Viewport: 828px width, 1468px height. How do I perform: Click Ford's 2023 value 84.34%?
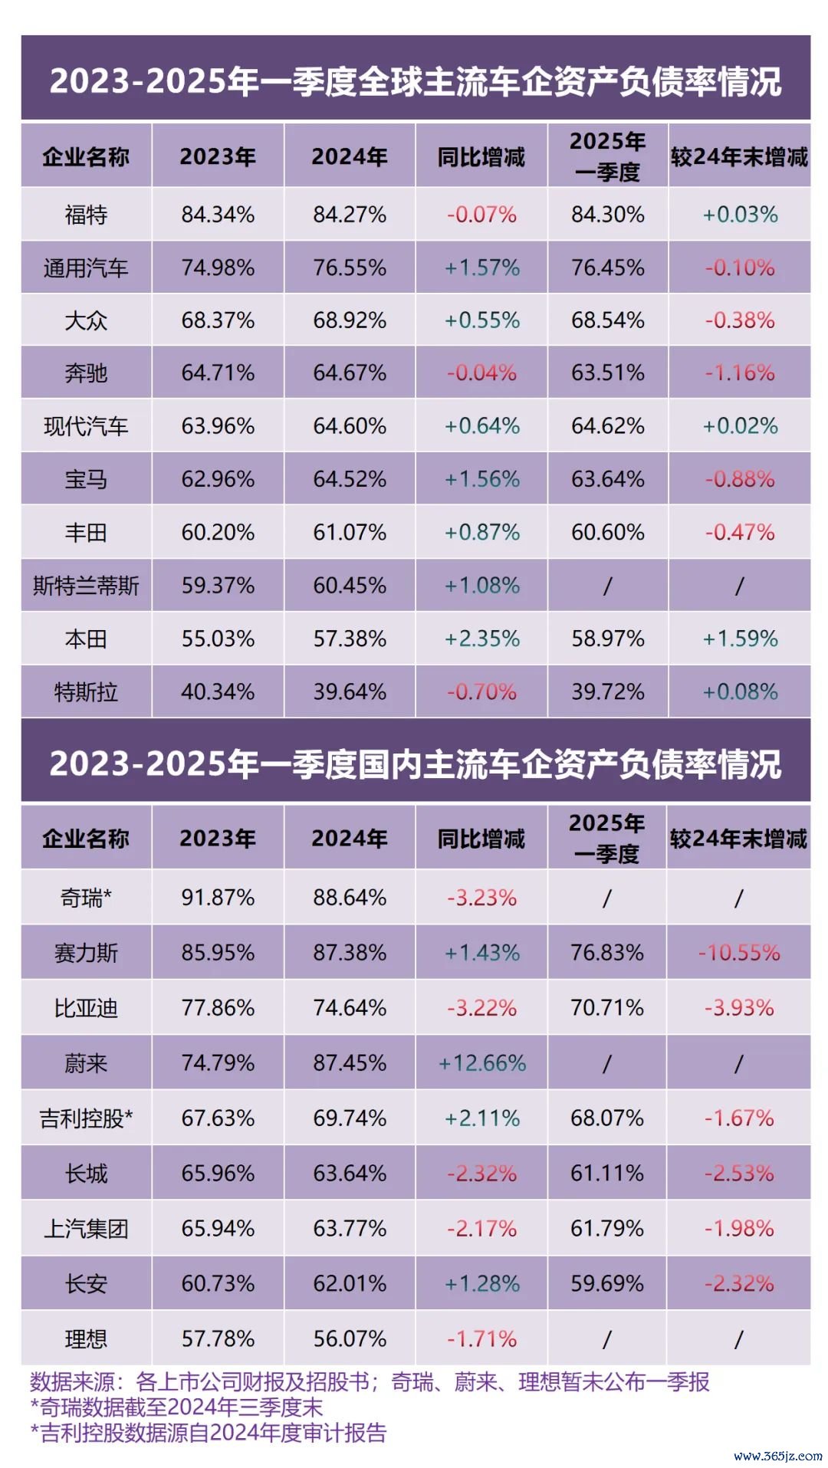click(218, 215)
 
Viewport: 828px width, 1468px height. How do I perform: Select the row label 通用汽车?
click(86, 268)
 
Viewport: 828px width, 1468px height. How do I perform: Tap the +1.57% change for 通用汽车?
click(481, 268)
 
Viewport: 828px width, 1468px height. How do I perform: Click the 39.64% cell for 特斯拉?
click(350, 692)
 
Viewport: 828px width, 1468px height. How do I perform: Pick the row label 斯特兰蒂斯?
click(86, 586)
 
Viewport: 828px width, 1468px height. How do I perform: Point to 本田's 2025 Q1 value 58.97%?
click(607, 639)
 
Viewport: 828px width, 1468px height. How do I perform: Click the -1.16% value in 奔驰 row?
click(740, 373)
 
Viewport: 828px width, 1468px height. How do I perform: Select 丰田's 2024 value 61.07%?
click(350, 533)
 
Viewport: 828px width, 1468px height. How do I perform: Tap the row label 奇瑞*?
click(86, 898)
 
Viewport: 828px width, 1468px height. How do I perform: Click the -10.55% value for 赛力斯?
click(739, 953)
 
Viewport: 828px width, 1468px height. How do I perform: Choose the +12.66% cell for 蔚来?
click(481, 1063)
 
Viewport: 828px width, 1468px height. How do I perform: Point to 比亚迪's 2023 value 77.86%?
click(218, 1008)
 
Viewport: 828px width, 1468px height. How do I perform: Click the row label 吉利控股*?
click(86, 1118)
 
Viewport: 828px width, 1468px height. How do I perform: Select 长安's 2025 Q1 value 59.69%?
click(607, 1284)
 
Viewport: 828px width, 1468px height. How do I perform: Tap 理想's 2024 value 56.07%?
click(350, 1339)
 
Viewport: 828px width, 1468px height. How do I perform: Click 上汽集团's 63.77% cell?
click(350, 1229)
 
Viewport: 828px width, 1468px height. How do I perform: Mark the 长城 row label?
click(86, 1174)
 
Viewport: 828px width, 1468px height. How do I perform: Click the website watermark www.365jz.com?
click(777, 1455)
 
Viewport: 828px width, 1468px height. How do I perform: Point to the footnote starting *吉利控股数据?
click(208, 1433)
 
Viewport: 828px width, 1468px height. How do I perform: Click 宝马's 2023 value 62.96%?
click(218, 480)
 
